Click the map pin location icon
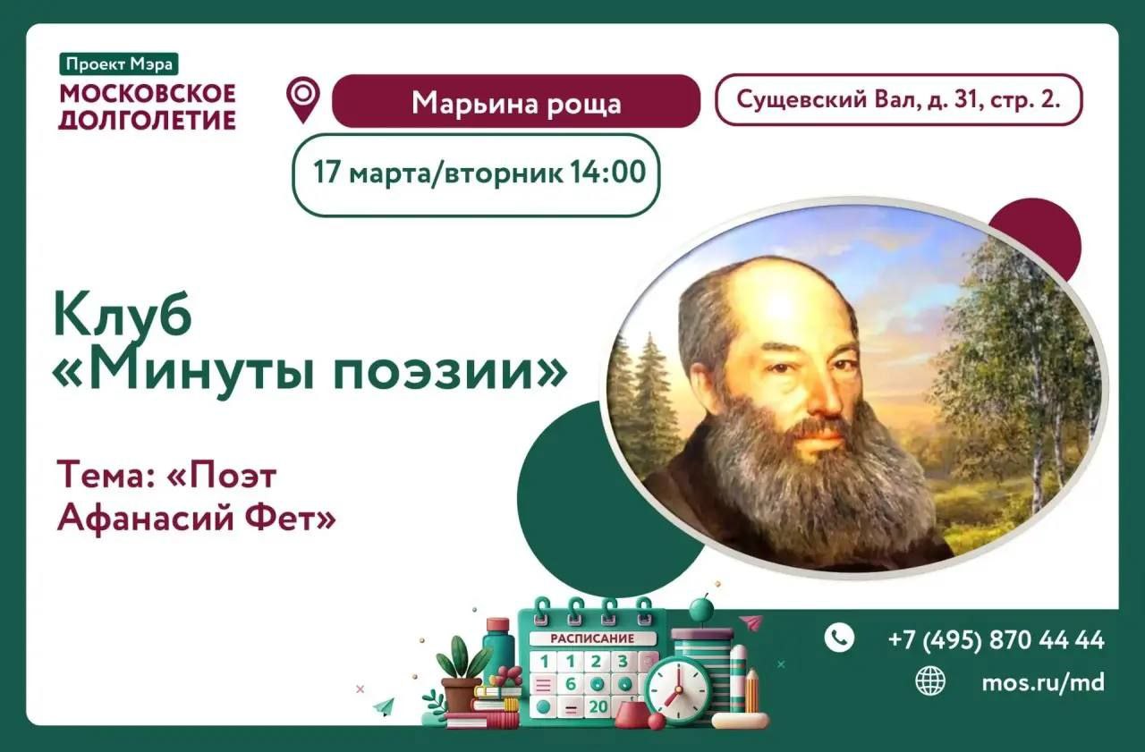coord(303,99)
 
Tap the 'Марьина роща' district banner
coord(516,101)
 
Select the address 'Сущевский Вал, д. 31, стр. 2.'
coord(898,99)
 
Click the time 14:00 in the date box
coord(608,173)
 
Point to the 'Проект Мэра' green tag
coord(119,64)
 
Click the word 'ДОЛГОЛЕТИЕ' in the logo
coord(148,120)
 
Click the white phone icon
coord(839,638)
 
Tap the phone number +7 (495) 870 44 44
coord(997,640)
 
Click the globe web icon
coord(930,681)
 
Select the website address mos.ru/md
coord(1043,683)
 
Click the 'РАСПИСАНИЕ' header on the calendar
coord(592,639)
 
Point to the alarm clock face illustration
coord(678,689)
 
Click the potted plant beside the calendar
coord(462,675)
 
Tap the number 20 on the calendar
coord(598,707)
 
